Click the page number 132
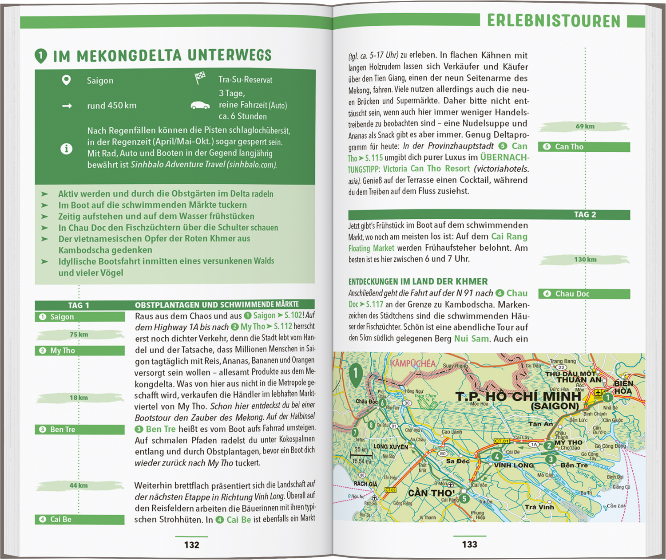pyautogui.click(x=192, y=545)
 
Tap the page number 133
pyautogui.click(x=469, y=544)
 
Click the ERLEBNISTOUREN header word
pyautogui.click(x=553, y=21)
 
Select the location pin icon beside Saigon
pyautogui.click(x=66, y=80)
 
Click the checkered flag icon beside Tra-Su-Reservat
pyautogui.click(x=200, y=78)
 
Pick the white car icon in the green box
pyautogui.click(x=200, y=106)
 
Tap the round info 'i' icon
pyautogui.click(x=66, y=149)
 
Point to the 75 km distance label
pyautogui.click(x=79, y=335)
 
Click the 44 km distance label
pyautogui.click(x=79, y=485)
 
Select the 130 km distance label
pyautogui.click(x=585, y=260)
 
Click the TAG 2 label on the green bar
pyautogui.click(x=585, y=215)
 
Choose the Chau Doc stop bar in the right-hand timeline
pyautogui.click(x=584, y=294)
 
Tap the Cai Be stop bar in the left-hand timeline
pyautogui.click(x=79, y=520)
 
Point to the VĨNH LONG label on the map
pyautogui.click(x=514, y=465)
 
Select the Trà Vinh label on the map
pyautogui.click(x=539, y=507)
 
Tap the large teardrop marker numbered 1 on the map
pyautogui.click(x=356, y=374)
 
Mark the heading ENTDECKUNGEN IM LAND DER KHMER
pyautogui.click(x=418, y=282)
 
